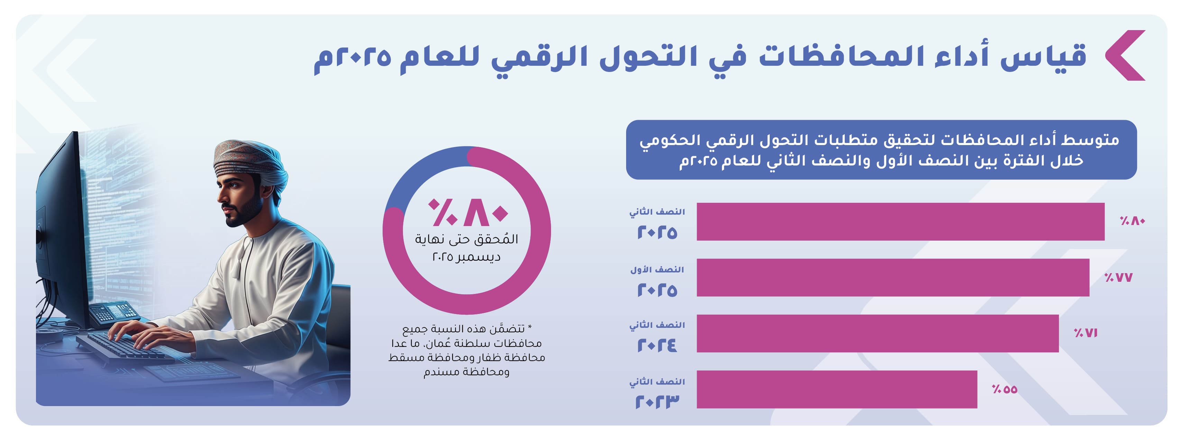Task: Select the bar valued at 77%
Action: click(892, 277)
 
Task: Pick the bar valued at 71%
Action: click(877, 333)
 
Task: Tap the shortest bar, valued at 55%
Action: click(836, 389)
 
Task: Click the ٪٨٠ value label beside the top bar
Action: click(1132, 221)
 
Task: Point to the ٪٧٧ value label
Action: click(1118, 277)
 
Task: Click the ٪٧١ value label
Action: click(1085, 333)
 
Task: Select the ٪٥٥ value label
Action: click(1005, 389)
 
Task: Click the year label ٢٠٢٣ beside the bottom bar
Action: click(657, 402)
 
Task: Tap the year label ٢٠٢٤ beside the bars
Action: click(657, 345)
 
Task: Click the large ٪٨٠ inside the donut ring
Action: click(467, 213)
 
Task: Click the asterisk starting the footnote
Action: click(530, 327)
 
